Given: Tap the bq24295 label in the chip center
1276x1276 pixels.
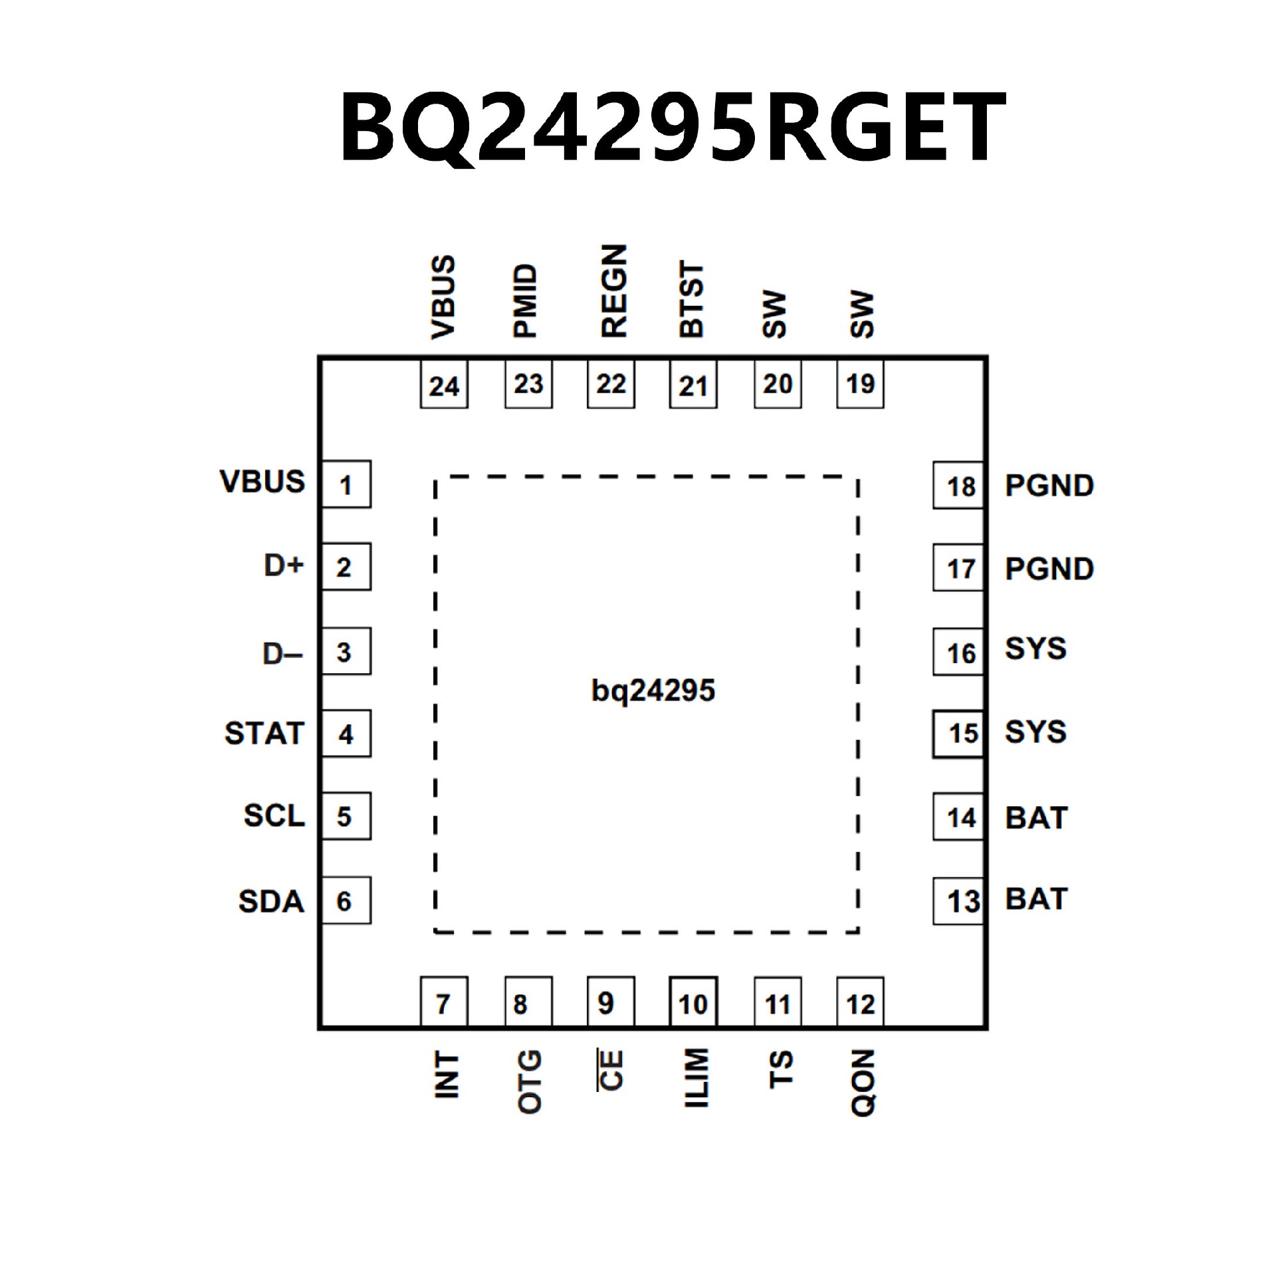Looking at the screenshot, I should point(653,691).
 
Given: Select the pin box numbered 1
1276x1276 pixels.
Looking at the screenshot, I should point(346,484).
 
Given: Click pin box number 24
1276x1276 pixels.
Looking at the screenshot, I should point(444,385).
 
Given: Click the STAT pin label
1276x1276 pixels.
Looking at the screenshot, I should point(264,734).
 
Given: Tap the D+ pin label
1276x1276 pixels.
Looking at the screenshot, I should point(284,566).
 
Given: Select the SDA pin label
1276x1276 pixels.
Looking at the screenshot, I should point(271,902).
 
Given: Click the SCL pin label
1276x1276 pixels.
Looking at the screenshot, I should point(274,816).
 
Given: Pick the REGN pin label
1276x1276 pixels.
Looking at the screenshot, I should point(613,291).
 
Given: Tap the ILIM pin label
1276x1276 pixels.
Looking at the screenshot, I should point(696,1078).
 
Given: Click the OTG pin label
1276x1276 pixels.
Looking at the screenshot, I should point(529,1081).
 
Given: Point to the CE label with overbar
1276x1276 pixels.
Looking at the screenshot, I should point(610,1070).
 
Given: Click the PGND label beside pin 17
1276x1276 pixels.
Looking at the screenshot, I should point(1049,569).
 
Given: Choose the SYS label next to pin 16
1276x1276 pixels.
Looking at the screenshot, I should point(1035,649).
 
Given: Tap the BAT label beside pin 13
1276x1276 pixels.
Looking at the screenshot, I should point(1036,899).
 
